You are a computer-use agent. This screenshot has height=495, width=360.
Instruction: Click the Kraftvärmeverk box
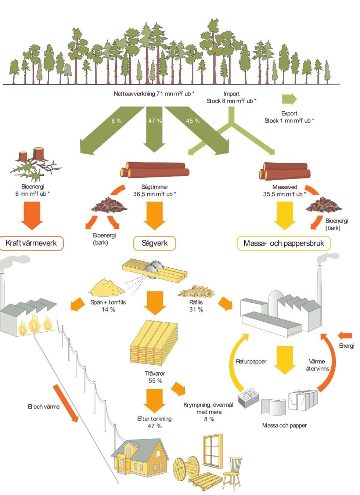[x=31, y=243]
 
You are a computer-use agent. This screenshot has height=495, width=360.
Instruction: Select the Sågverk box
[x=154, y=243]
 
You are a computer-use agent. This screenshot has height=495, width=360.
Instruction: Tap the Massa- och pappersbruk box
[x=284, y=243]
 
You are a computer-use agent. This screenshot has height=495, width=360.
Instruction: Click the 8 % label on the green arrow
[x=116, y=121]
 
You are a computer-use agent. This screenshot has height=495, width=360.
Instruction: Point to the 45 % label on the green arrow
[x=192, y=121]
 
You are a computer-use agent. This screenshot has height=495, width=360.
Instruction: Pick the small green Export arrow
[x=289, y=99]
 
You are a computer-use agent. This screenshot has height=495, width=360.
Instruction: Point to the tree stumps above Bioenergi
[x=32, y=154]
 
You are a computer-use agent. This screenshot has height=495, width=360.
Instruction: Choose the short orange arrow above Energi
[x=345, y=336]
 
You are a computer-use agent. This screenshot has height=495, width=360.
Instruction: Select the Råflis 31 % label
[x=196, y=306]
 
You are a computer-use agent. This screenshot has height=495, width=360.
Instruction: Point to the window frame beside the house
[x=212, y=451]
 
